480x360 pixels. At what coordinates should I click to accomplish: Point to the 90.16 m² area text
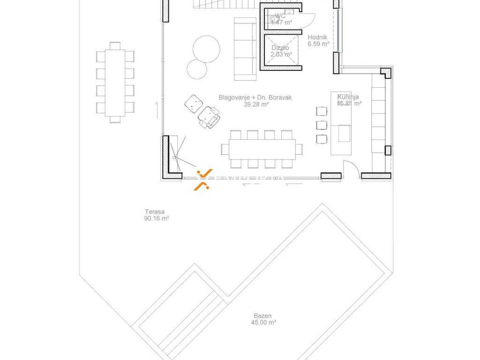157,218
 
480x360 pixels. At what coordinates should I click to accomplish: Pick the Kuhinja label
348,97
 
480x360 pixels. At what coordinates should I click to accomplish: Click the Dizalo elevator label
280,48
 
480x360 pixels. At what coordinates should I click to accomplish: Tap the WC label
280,16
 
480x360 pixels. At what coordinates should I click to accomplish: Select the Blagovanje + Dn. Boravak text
255,97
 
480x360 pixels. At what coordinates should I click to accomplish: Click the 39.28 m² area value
256,105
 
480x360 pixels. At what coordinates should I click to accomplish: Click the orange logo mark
203,180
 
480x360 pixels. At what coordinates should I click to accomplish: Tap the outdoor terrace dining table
115,82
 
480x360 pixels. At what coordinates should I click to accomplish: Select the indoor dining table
262,149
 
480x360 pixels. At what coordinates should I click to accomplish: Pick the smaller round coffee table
197,69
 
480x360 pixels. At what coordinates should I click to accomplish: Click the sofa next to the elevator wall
245,49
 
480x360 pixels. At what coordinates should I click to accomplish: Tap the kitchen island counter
341,123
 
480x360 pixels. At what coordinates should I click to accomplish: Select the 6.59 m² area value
318,44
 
